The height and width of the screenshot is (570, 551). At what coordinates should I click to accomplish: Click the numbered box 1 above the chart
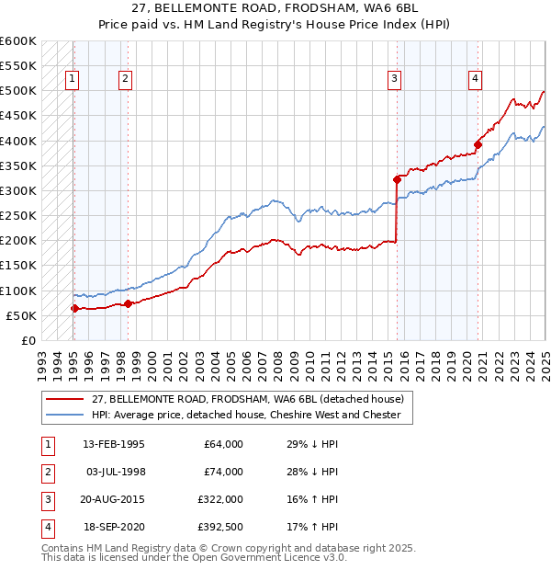coord(72,79)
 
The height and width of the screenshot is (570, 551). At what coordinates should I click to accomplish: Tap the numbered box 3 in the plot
coord(394,79)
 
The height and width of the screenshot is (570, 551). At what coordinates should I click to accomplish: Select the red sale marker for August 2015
coord(397,179)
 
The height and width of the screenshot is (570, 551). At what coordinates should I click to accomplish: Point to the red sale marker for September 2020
coord(478,144)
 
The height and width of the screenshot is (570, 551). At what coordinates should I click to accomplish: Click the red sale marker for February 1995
coord(74,308)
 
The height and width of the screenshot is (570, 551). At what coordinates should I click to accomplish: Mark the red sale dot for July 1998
coord(128,303)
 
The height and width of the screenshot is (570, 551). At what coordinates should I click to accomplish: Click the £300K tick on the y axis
coord(18,190)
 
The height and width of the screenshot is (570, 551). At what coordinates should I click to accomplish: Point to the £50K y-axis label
coord(21,315)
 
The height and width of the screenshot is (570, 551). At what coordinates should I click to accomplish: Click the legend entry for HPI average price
coord(245,415)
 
